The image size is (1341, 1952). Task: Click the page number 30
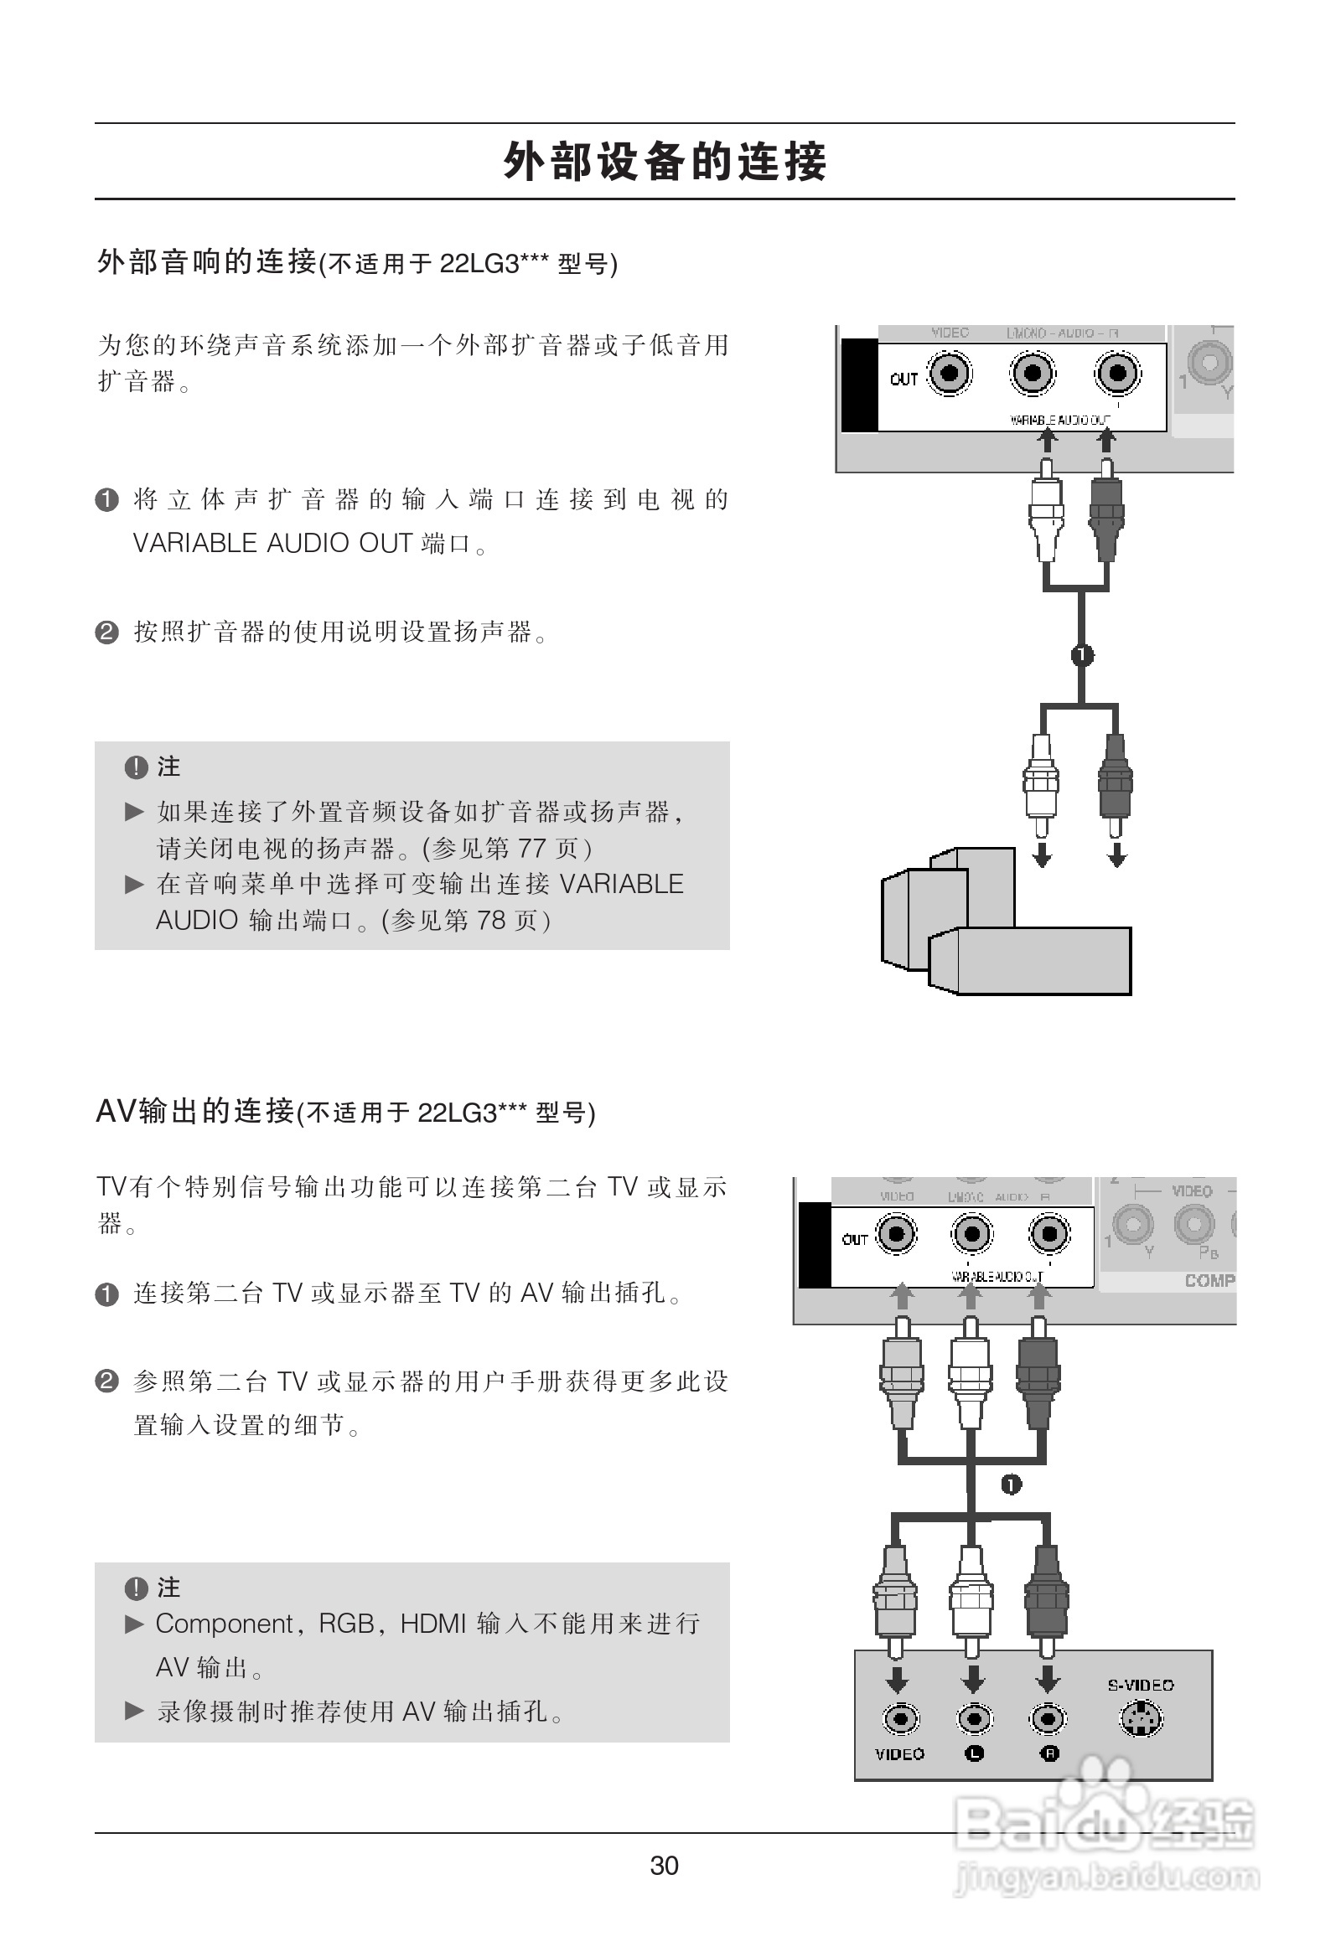pos(664,1865)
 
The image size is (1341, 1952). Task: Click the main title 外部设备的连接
pos(665,161)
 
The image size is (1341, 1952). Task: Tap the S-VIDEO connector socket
pos(1140,1718)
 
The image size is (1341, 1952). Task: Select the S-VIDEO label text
pos(1140,1685)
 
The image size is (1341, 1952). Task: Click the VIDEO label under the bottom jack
pos(899,1753)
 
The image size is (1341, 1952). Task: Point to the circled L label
pos(974,1753)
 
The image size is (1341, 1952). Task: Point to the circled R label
pos(1049,1753)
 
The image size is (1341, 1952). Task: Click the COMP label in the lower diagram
pos(1209,1280)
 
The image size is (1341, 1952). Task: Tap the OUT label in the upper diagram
pos(903,379)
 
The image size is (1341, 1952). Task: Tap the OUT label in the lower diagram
pos(855,1239)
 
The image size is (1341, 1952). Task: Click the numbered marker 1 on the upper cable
pos(1082,654)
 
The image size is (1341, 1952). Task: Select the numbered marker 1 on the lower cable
pos(1011,1485)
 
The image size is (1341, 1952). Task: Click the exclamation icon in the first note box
pos(135,767)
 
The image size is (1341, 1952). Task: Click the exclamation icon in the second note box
pos(135,1588)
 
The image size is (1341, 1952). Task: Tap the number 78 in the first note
pos(490,921)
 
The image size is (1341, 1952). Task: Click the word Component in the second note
pos(225,1624)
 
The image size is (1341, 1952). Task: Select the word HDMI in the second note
pos(432,1624)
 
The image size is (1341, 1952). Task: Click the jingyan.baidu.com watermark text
pos(1107,1877)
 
